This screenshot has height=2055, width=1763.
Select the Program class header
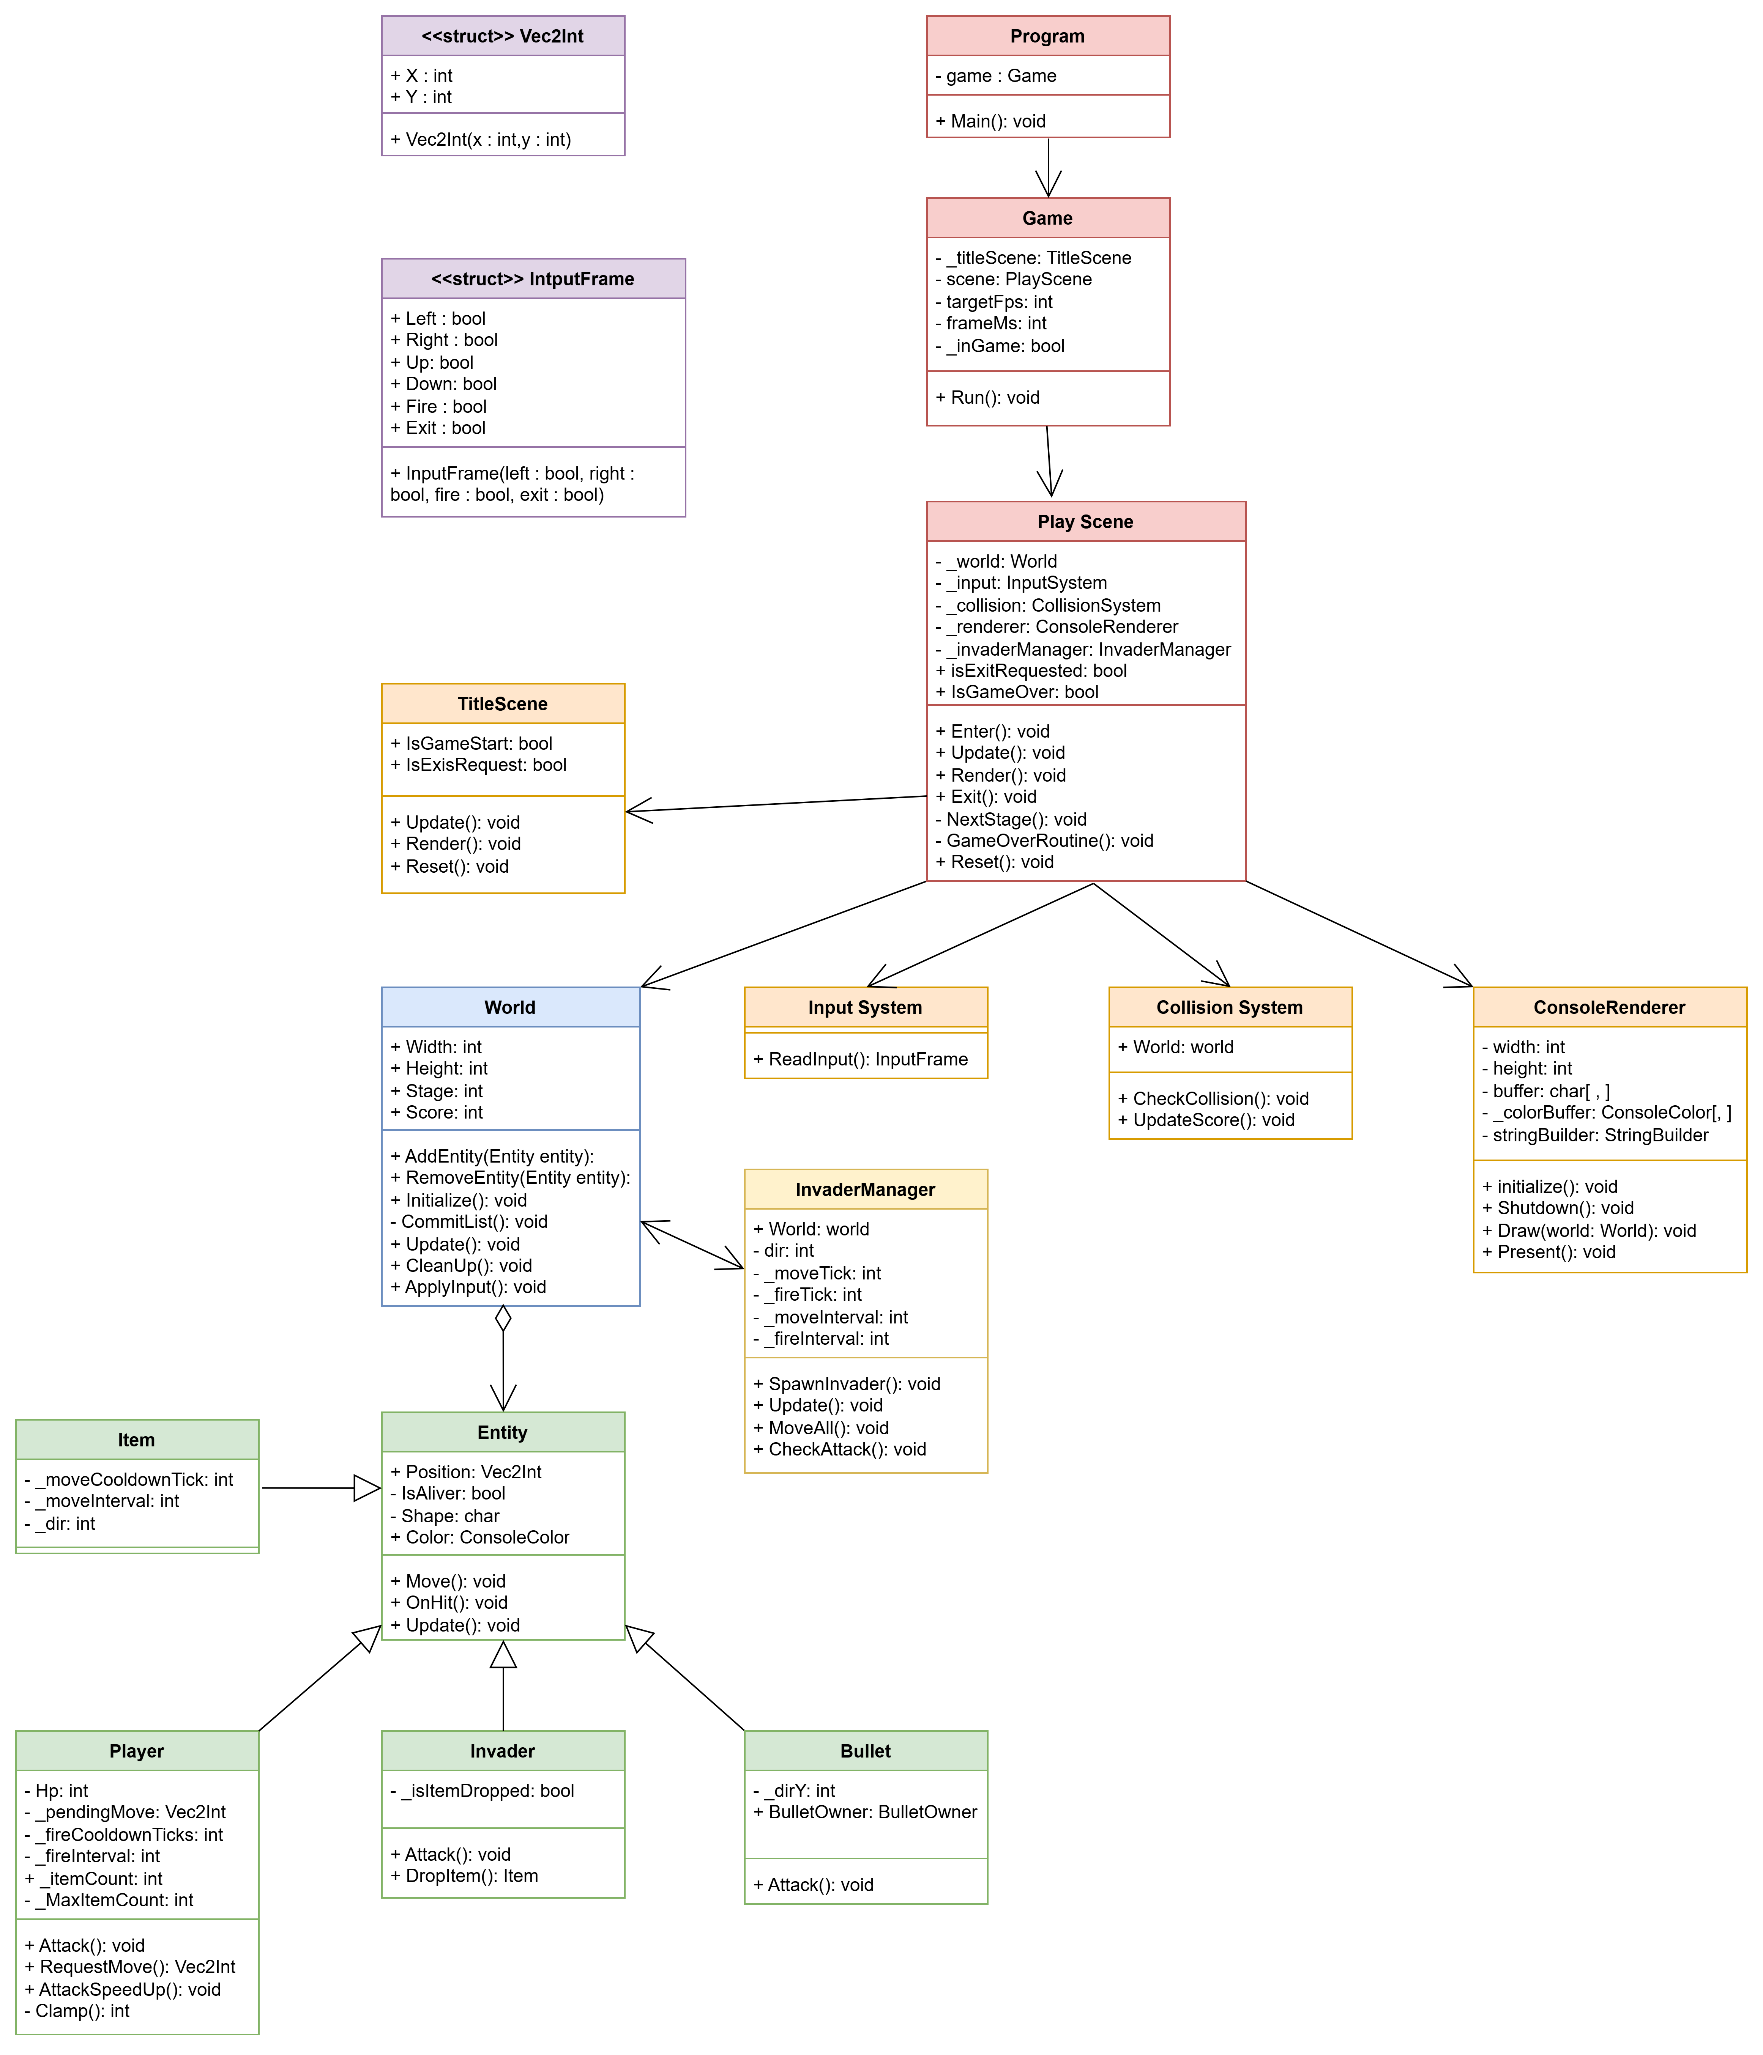tap(1048, 36)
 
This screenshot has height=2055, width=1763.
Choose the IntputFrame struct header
tap(533, 279)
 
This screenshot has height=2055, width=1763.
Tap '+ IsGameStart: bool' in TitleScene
tap(471, 743)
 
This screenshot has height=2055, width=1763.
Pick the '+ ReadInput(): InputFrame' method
tap(860, 1058)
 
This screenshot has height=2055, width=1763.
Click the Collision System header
tap(1229, 1007)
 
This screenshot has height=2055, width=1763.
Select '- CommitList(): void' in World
tap(468, 1221)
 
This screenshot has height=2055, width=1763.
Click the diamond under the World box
tap(503, 1318)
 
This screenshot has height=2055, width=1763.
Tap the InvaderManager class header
tap(865, 1189)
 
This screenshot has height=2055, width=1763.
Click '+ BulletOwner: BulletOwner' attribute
tap(865, 1812)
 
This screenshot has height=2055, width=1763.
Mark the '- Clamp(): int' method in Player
tap(76, 2010)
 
